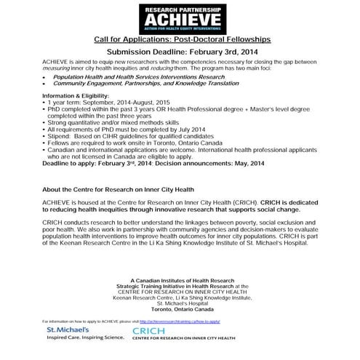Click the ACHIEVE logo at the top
coord(180,17)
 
